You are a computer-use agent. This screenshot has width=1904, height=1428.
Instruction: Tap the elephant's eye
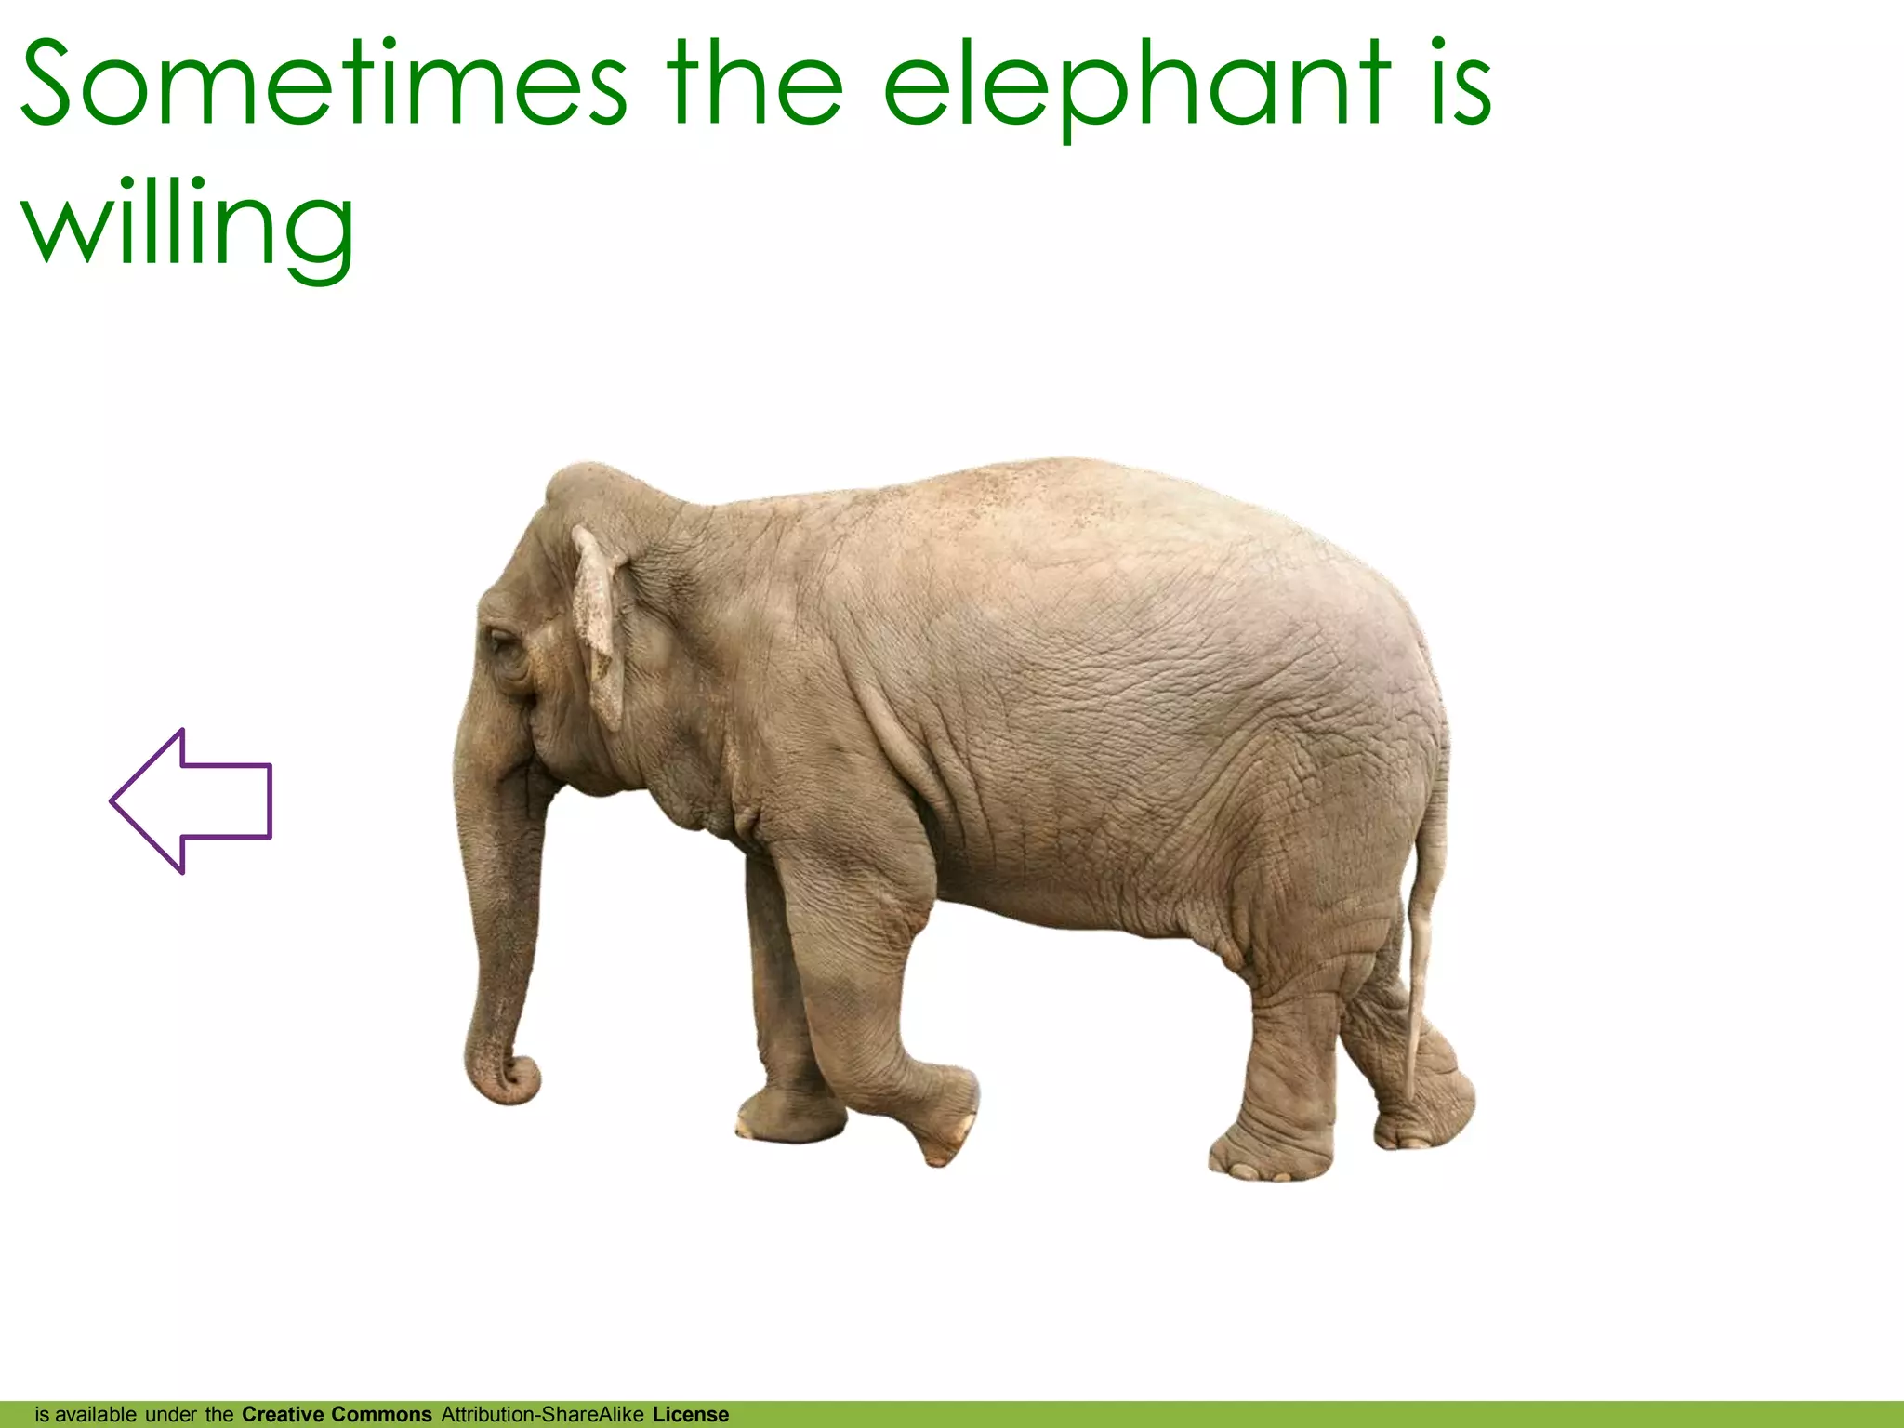click(501, 641)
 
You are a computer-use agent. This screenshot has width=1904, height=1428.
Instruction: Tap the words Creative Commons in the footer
click(337, 1415)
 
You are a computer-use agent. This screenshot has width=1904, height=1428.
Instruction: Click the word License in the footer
click(691, 1415)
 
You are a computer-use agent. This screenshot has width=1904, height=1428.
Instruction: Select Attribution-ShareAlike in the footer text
click(542, 1415)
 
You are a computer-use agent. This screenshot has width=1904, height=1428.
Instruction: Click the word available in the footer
click(96, 1415)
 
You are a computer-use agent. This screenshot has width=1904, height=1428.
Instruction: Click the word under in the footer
click(171, 1415)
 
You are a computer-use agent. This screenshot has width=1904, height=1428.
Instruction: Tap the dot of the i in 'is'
click(1438, 44)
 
